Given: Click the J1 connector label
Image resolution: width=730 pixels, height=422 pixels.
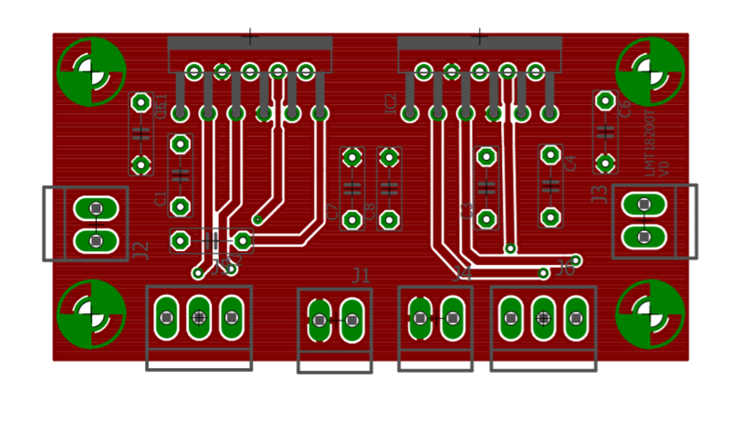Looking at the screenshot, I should pos(361,275).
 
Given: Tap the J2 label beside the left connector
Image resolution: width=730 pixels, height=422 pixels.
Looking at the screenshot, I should pos(141,250).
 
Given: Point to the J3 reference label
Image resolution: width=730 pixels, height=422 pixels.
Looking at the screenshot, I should pos(600,194).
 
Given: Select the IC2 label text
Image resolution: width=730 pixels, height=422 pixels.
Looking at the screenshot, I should pos(391,103).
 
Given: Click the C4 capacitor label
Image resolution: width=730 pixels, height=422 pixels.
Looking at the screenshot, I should pos(570,164).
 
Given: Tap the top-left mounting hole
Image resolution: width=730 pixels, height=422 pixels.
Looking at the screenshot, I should pos(90,70).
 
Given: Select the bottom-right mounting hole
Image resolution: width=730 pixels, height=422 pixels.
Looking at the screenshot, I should pos(651,313).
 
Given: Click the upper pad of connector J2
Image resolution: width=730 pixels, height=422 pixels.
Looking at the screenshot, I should pos(96,209).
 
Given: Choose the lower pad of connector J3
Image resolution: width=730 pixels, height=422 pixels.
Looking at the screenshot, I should pos(644,237).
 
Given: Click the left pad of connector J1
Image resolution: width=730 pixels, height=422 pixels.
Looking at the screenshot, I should pos(319,320).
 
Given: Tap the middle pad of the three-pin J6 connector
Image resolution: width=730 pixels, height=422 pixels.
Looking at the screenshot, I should pos(543,318).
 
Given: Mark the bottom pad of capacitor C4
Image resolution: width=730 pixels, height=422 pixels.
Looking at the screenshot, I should pos(550,217).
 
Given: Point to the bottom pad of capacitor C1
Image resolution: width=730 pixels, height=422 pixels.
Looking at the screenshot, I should pos(181,206).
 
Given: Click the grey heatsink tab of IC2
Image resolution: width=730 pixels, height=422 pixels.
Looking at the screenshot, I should pos(479,43).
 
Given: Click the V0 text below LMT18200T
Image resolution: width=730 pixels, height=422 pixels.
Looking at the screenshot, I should pos(664,167).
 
